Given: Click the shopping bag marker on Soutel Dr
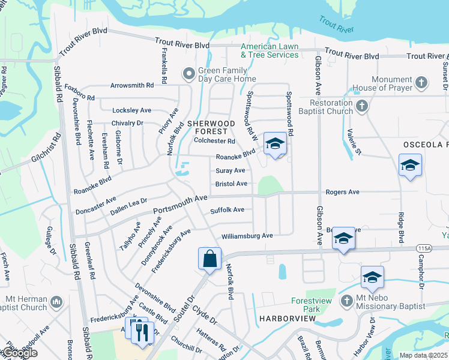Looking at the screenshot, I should tap(210, 259).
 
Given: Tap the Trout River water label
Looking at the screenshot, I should tap(336, 26).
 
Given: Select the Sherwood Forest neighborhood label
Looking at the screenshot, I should tap(208, 127).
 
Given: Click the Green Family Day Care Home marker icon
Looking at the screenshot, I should tap(189, 74).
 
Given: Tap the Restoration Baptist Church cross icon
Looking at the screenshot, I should tap(361, 106).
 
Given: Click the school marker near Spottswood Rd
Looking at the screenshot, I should tap(275, 144).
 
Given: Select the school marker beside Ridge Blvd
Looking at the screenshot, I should tap(410, 166).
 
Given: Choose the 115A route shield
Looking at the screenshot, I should tap(424, 248).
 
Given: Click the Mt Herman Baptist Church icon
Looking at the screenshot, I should tap(56, 300).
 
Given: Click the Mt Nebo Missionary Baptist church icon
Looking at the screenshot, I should tap(346, 300).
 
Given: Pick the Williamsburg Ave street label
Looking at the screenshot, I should tap(247, 236).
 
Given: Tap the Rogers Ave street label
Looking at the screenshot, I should tap(342, 192).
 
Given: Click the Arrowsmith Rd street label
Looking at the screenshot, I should tap(132, 85).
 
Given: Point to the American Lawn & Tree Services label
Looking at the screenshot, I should tap(270, 50).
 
